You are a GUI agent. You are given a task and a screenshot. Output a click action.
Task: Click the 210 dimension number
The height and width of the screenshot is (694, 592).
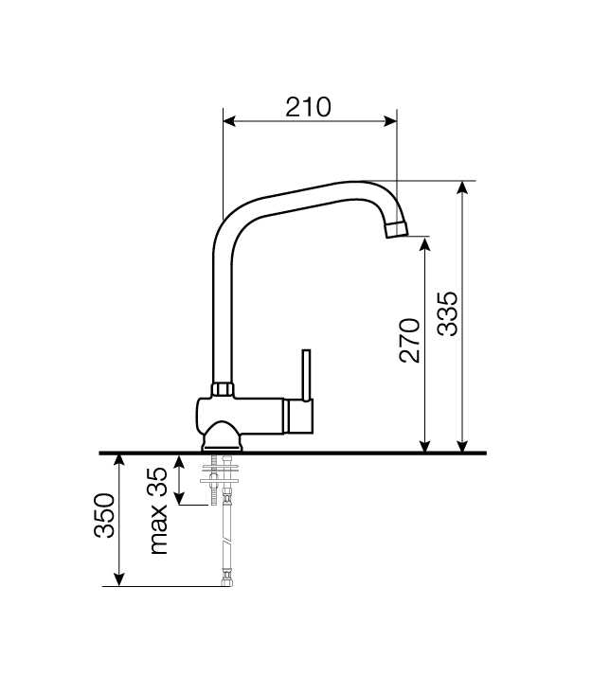point(308,107)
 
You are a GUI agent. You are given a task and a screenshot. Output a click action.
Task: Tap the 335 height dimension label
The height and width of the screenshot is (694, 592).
point(447,313)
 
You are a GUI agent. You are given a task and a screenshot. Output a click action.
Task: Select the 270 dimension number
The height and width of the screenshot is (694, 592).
point(409,340)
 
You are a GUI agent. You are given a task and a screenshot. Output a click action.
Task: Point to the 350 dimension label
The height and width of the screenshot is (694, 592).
point(104,515)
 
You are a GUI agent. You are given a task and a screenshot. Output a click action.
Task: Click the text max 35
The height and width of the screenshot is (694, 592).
point(158,510)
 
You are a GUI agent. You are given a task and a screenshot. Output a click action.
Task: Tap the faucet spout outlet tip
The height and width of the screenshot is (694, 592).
point(396,229)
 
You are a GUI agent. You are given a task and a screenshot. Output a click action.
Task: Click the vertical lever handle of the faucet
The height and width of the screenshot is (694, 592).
point(306,375)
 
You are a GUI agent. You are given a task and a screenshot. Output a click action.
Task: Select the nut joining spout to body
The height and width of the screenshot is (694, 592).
point(223,389)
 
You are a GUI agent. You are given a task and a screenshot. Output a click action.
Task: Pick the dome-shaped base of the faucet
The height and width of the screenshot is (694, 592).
point(223,436)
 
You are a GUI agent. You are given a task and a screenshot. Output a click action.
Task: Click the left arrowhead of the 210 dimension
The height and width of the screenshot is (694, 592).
point(229,121)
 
